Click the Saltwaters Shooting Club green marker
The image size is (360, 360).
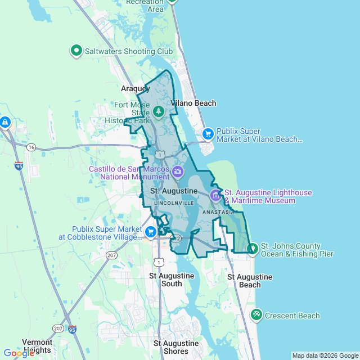click(76, 51)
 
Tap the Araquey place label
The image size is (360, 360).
click(136, 89)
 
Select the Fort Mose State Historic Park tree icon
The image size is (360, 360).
click(159, 111)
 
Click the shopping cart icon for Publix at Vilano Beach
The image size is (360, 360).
click(208, 133)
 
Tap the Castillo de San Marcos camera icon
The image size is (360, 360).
click(178, 172)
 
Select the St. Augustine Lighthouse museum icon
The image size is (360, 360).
click(215, 195)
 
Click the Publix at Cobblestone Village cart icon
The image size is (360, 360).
click(150, 232)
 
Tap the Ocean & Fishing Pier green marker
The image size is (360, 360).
click(253, 247)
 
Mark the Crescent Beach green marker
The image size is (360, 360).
click(256, 314)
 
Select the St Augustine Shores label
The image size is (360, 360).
click(177, 347)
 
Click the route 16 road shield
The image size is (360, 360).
click(31, 147)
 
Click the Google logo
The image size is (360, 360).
click(18, 353)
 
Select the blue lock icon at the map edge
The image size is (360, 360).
click(5, 121)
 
